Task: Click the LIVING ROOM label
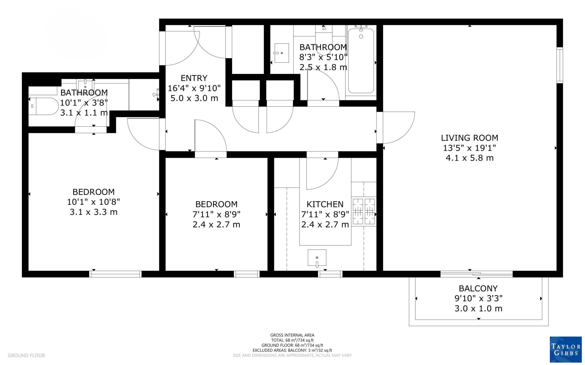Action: click(x=469, y=138)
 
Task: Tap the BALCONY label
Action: click(x=478, y=288)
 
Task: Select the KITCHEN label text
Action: click(x=325, y=204)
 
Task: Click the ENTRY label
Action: click(x=194, y=78)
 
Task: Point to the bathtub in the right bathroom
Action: click(x=361, y=61)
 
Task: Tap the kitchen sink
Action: click(x=317, y=258)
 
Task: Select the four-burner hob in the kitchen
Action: click(x=364, y=211)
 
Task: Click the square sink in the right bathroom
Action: click(x=281, y=53)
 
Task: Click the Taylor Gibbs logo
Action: click(x=566, y=350)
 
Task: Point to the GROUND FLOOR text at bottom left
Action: click(x=26, y=356)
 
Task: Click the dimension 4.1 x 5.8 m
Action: click(x=469, y=158)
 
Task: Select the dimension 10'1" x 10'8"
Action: click(x=93, y=202)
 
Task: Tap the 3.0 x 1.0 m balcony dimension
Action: click(x=478, y=308)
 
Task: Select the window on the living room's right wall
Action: click(x=560, y=65)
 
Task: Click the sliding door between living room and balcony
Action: click(x=476, y=274)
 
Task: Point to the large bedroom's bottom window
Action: click(x=115, y=274)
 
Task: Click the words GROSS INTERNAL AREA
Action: click(x=292, y=335)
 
